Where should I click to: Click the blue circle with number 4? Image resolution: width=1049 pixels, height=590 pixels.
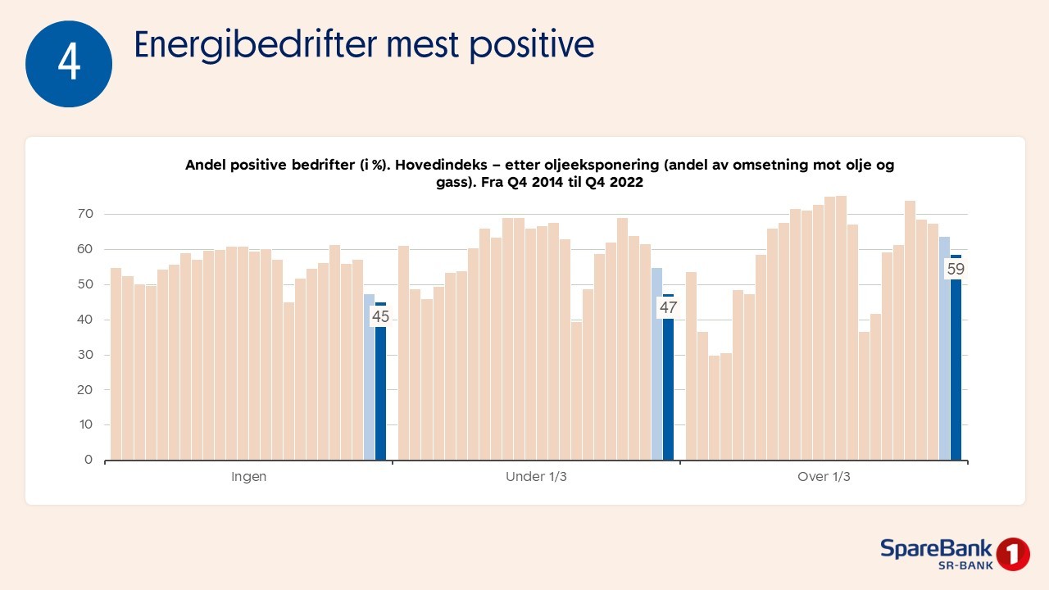(69, 64)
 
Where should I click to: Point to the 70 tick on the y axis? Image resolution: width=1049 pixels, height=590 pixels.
(86, 214)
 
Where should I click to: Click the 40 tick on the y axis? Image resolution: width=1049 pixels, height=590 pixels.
(86, 320)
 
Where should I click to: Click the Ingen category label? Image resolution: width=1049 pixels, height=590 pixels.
(248, 477)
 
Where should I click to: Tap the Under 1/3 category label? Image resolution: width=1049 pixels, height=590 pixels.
(536, 477)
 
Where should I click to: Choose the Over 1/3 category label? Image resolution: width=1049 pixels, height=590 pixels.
(824, 477)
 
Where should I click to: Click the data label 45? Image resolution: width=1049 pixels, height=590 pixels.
(380, 315)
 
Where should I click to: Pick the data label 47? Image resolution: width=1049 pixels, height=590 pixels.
(668, 308)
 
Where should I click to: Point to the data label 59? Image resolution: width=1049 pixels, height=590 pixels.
(956, 268)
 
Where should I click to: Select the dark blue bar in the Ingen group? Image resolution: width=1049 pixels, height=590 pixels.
(380, 393)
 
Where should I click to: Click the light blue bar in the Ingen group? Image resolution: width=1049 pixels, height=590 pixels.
(369, 377)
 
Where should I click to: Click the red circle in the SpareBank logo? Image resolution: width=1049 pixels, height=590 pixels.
(1013, 554)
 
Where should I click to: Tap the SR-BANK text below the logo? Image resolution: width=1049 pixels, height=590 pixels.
(965, 565)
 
